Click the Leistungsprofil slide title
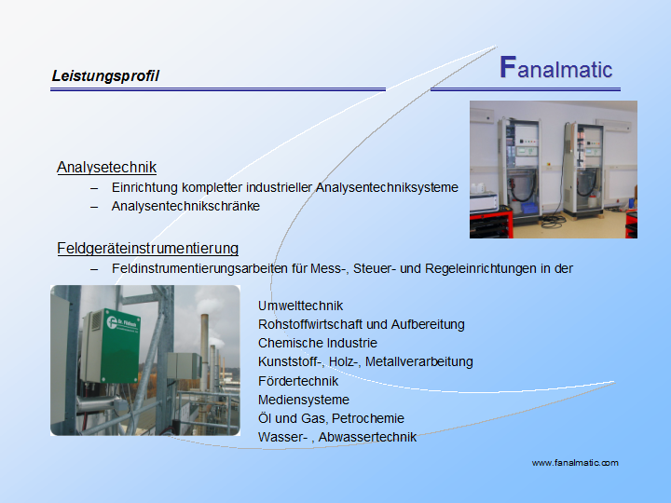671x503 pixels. tap(105, 76)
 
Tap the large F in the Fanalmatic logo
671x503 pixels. tap(508, 67)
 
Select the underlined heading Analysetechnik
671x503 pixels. tap(106, 168)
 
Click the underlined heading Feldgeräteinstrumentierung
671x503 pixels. tap(147, 248)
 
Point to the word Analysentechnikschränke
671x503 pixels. tap(185, 206)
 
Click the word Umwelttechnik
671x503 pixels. tap(300, 306)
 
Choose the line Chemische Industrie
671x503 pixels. tap(318, 343)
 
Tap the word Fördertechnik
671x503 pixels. tap(298, 381)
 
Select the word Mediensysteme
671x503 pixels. tap(304, 400)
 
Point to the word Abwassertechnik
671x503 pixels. tap(367, 437)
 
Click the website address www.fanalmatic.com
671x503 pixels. tap(575, 463)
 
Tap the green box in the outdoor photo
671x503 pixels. tap(120, 346)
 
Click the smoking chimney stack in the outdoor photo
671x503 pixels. tap(204, 351)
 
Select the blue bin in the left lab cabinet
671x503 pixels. tap(529, 208)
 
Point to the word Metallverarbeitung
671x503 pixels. tap(419, 361)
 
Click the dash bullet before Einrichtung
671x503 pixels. tap(94, 188)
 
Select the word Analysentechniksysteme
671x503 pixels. tap(387, 187)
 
